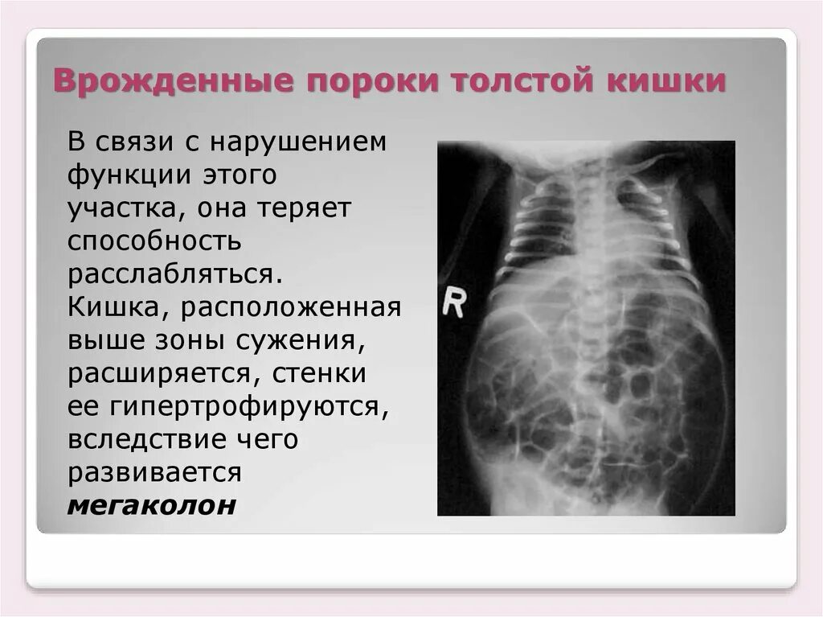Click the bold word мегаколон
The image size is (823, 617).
click(x=152, y=507)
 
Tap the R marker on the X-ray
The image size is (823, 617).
click(x=455, y=302)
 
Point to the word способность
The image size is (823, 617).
click(x=155, y=242)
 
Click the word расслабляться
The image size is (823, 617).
click(x=174, y=275)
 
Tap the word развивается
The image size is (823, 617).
click(x=154, y=474)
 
